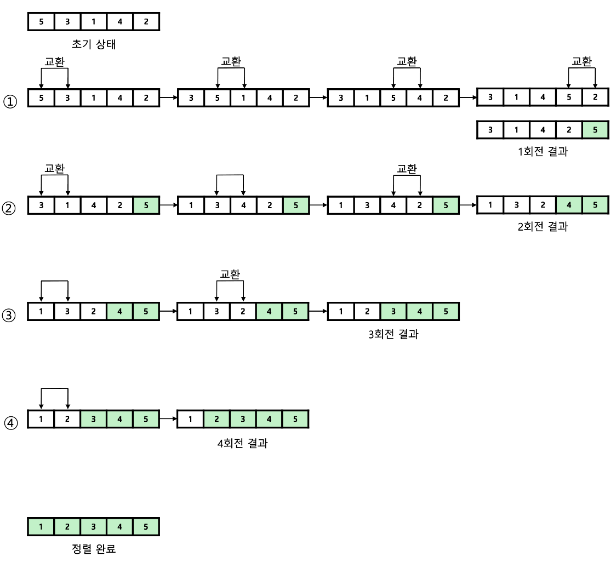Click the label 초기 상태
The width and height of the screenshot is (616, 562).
pyautogui.click(x=94, y=44)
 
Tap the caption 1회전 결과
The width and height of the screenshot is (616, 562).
pyautogui.click(x=543, y=152)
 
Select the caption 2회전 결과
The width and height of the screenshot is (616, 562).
pyautogui.click(x=543, y=226)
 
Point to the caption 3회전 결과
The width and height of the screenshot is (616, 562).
pyautogui.click(x=393, y=334)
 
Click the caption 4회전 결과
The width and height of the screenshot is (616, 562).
pyautogui.click(x=243, y=442)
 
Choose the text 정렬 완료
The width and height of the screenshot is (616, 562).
pyautogui.click(x=94, y=548)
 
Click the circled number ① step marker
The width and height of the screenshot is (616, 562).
pyautogui.click(x=11, y=102)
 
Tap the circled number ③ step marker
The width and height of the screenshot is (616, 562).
pyautogui.click(x=11, y=316)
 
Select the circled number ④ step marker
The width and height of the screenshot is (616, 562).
pyautogui.click(x=11, y=423)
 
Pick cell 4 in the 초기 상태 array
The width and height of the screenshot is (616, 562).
pyautogui.click(x=120, y=22)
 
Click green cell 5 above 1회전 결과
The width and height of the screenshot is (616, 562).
pyautogui.click(x=596, y=130)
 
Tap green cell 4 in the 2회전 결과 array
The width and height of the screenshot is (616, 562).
pyautogui.click(x=569, y=205)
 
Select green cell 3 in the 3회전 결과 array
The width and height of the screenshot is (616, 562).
pyautogui.click(x=393, y=312)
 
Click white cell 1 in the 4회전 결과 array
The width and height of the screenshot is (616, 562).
pyautogui.click(x=190, y=420)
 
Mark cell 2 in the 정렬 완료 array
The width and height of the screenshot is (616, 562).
pyautogui.click(x=67, y=527)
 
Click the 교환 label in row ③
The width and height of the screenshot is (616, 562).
pyautogui.click(x=231, y=274)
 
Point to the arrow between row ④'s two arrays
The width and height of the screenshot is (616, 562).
pyautogui.click(x=168, y=420)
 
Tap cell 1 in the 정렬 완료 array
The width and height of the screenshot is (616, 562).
pyautogui.click(x=41, y=527)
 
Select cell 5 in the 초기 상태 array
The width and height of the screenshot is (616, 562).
pyautogui.click(x=41, y=22)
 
